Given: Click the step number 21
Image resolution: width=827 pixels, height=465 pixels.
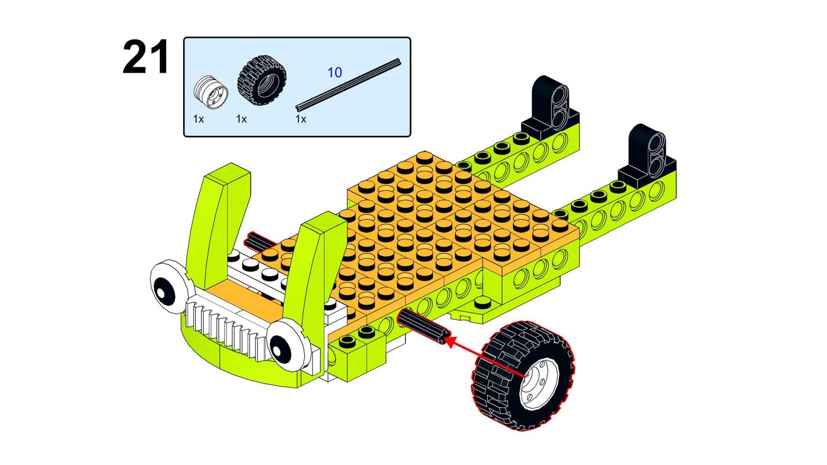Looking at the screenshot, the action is point(145,58).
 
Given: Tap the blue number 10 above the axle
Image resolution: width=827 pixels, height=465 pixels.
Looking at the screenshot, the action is point(334,73).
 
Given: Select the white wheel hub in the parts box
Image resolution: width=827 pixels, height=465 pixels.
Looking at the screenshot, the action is point(211,93).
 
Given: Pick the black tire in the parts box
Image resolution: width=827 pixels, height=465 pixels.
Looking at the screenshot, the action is point(262,81).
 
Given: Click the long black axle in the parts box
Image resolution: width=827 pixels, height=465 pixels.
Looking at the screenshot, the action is point(348,84).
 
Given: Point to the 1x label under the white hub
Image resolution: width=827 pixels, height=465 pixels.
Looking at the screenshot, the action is point(198,119).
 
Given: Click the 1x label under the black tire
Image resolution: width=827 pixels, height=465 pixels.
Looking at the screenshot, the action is point(241,119).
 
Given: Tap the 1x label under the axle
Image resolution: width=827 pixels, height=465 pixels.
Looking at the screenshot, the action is point(301,119).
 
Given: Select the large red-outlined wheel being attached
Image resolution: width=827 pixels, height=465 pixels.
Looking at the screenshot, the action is point(523,375).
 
